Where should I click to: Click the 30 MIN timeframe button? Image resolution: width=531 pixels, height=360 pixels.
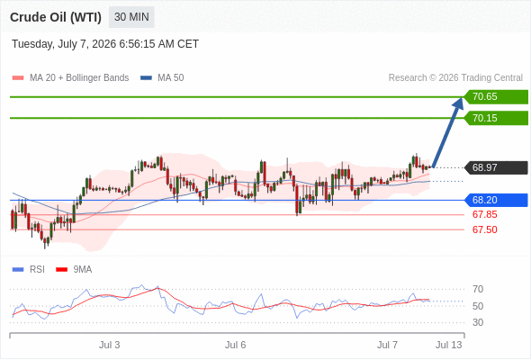click(x=131, y=17)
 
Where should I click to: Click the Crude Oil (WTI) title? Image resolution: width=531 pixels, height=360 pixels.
click(x=56, y=17)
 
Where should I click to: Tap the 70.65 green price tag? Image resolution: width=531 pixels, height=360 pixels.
click(x=496, y=97)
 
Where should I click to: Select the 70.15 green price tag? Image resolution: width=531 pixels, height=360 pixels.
click(x=496, y=118)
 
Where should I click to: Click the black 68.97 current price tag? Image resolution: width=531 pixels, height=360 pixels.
click(x=496, y=167)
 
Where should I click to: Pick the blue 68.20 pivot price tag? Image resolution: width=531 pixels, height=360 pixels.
click(x=496, y=200)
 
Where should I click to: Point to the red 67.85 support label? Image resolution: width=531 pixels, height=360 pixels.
click(x=484, y=214)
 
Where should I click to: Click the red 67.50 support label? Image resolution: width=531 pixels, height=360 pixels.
click(x=484, y=229)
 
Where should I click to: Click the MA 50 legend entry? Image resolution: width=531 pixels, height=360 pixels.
click(x=162, y=78)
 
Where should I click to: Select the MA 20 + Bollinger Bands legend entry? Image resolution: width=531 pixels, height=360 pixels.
click(x=70, y=78)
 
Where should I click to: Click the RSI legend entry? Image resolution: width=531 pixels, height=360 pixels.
click(x=29, y=270)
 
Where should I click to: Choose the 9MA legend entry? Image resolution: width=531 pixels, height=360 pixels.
click(x=74, y=270)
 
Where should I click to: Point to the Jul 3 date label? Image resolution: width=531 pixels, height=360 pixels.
click(x=110, y=345)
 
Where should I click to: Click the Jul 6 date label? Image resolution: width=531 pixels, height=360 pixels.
click(x=236, y=345)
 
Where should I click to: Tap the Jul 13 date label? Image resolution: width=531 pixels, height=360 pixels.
click(x=449, y=345)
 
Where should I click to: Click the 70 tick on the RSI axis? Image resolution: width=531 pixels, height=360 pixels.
click(x=478, y=289)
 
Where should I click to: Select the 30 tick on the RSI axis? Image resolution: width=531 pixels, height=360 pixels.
click(x=478, y=322)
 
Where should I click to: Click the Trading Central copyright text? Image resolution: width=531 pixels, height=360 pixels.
click(x=455, y=78)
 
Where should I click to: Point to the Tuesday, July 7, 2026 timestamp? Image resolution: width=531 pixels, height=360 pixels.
click(x=105, y=44)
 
